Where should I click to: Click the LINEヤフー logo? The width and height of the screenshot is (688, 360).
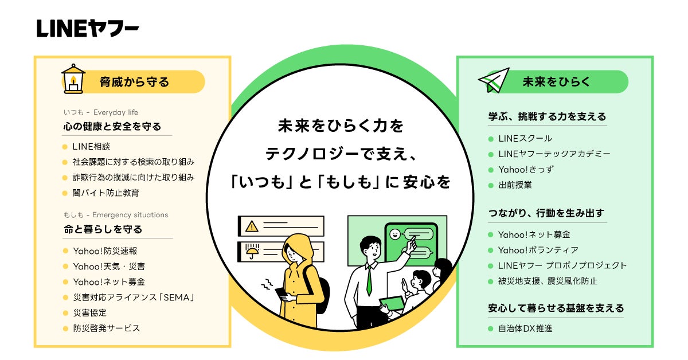click(x=88, y=28)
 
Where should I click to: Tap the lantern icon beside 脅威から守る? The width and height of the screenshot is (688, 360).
click(x=73, y=79)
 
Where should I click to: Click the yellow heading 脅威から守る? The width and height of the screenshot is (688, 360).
click(x=134, y=82)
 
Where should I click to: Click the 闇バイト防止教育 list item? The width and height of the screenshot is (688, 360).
click(x=106, y=193)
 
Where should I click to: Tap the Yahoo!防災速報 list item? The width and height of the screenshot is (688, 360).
click(x=105, y=251)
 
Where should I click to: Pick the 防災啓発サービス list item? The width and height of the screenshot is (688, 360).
click(x=106, y=328)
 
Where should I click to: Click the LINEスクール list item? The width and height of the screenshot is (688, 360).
click(x=525, y=138)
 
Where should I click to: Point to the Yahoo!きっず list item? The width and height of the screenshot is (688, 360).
click(x=526, y=170)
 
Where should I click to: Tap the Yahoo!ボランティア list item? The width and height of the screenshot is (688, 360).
click(x=538, y=250)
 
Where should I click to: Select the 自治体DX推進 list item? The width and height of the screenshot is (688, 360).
click(x=525, y=328)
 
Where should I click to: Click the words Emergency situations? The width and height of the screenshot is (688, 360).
click(x=130, y=215)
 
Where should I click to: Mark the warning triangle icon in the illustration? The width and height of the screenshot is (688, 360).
click(x=252, y=226)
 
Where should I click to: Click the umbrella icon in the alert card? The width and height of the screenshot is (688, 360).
click(x=252, y=251)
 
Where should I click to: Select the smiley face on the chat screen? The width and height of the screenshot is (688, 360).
click(x=394, y=234)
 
